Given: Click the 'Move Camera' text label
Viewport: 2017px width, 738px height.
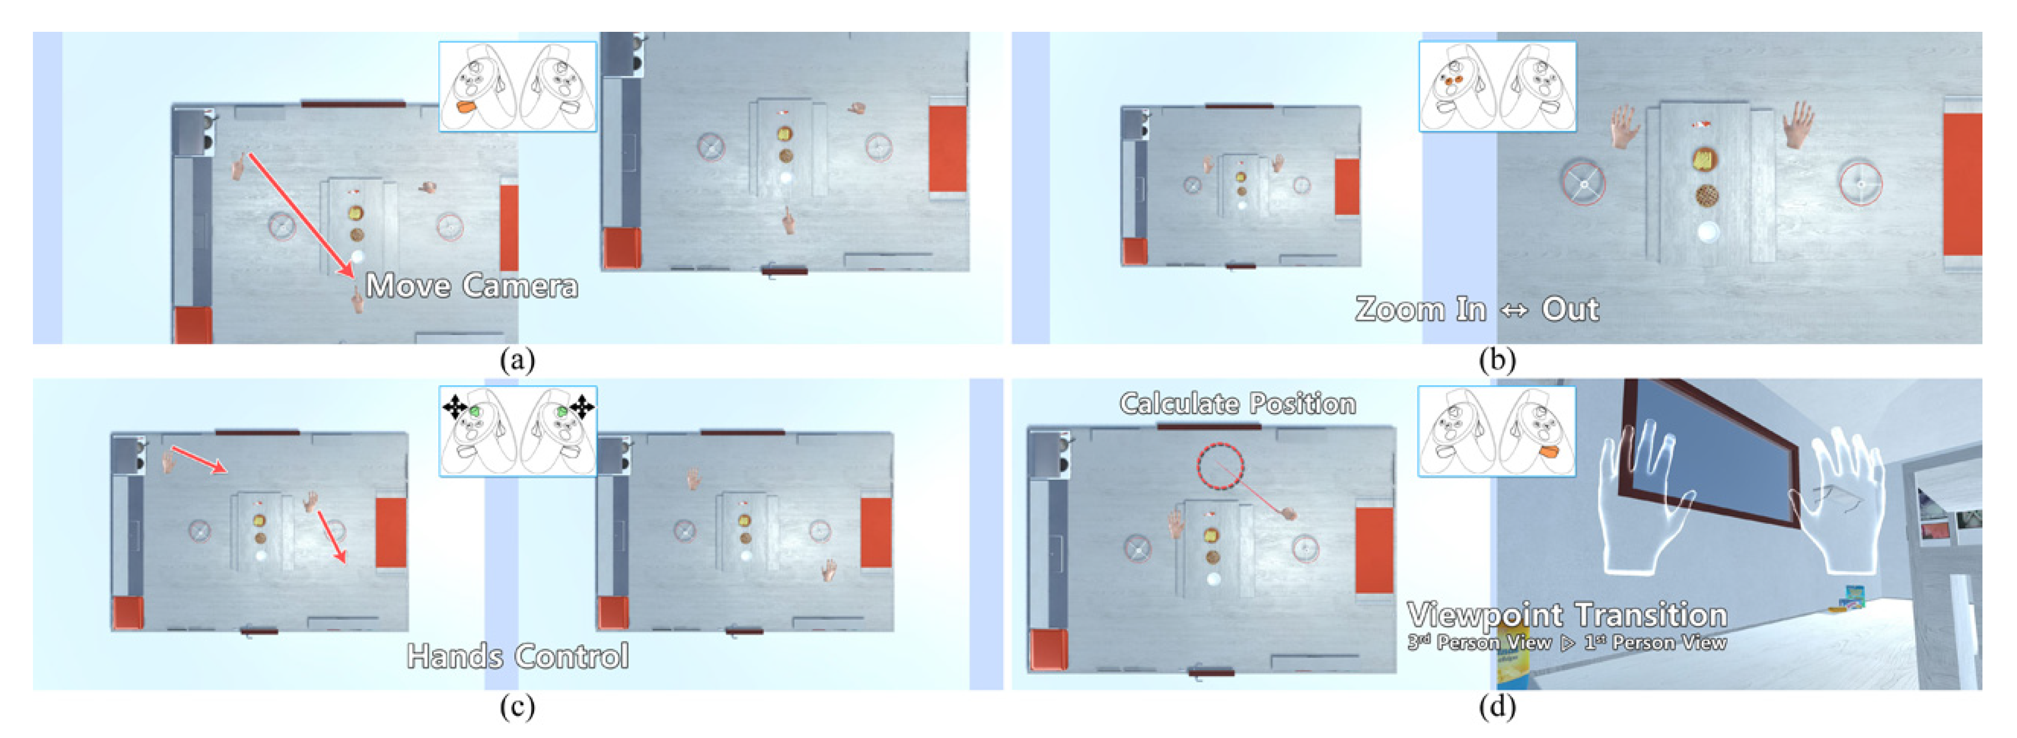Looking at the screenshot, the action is point(472,286).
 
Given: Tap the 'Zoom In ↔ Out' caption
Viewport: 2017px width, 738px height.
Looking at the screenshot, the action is point(1477,309).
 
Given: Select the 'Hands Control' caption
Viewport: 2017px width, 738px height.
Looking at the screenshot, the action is point(517,656).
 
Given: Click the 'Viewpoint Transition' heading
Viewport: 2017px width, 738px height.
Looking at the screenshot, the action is point(1567,614).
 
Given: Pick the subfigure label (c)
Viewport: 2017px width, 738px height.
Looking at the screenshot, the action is point(517,707).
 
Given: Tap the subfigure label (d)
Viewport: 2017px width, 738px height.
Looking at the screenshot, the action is point(1496,707).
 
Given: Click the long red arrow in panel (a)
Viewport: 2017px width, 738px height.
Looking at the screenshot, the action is point(301,214).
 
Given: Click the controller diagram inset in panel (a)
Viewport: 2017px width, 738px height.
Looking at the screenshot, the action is point(517,86).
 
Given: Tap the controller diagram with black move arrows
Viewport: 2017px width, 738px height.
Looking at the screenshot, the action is point(517,431).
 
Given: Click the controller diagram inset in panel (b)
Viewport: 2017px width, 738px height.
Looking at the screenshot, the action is point(1497,86).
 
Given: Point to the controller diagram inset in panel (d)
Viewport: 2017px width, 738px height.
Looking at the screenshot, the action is point(1496,431).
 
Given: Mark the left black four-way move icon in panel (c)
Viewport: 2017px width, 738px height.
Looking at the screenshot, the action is point(455,408).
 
